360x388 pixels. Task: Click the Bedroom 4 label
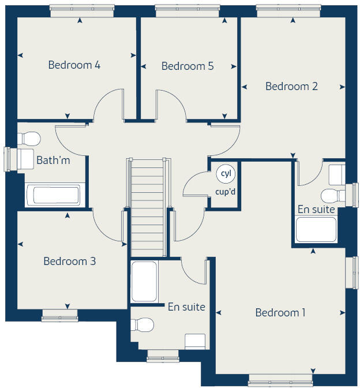74,65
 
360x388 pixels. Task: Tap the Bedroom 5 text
187,66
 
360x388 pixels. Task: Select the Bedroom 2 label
291,86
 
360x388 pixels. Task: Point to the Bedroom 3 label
70,262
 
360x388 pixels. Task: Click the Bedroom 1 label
280,313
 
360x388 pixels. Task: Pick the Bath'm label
53,160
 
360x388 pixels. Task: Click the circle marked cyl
225,173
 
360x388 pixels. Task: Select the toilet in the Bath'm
29,139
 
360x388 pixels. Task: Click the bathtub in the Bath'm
56,195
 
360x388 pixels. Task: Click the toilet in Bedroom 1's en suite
142,325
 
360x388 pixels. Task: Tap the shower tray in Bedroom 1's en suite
144,281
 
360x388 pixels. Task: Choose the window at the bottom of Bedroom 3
59,315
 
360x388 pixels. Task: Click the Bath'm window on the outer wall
9,159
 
